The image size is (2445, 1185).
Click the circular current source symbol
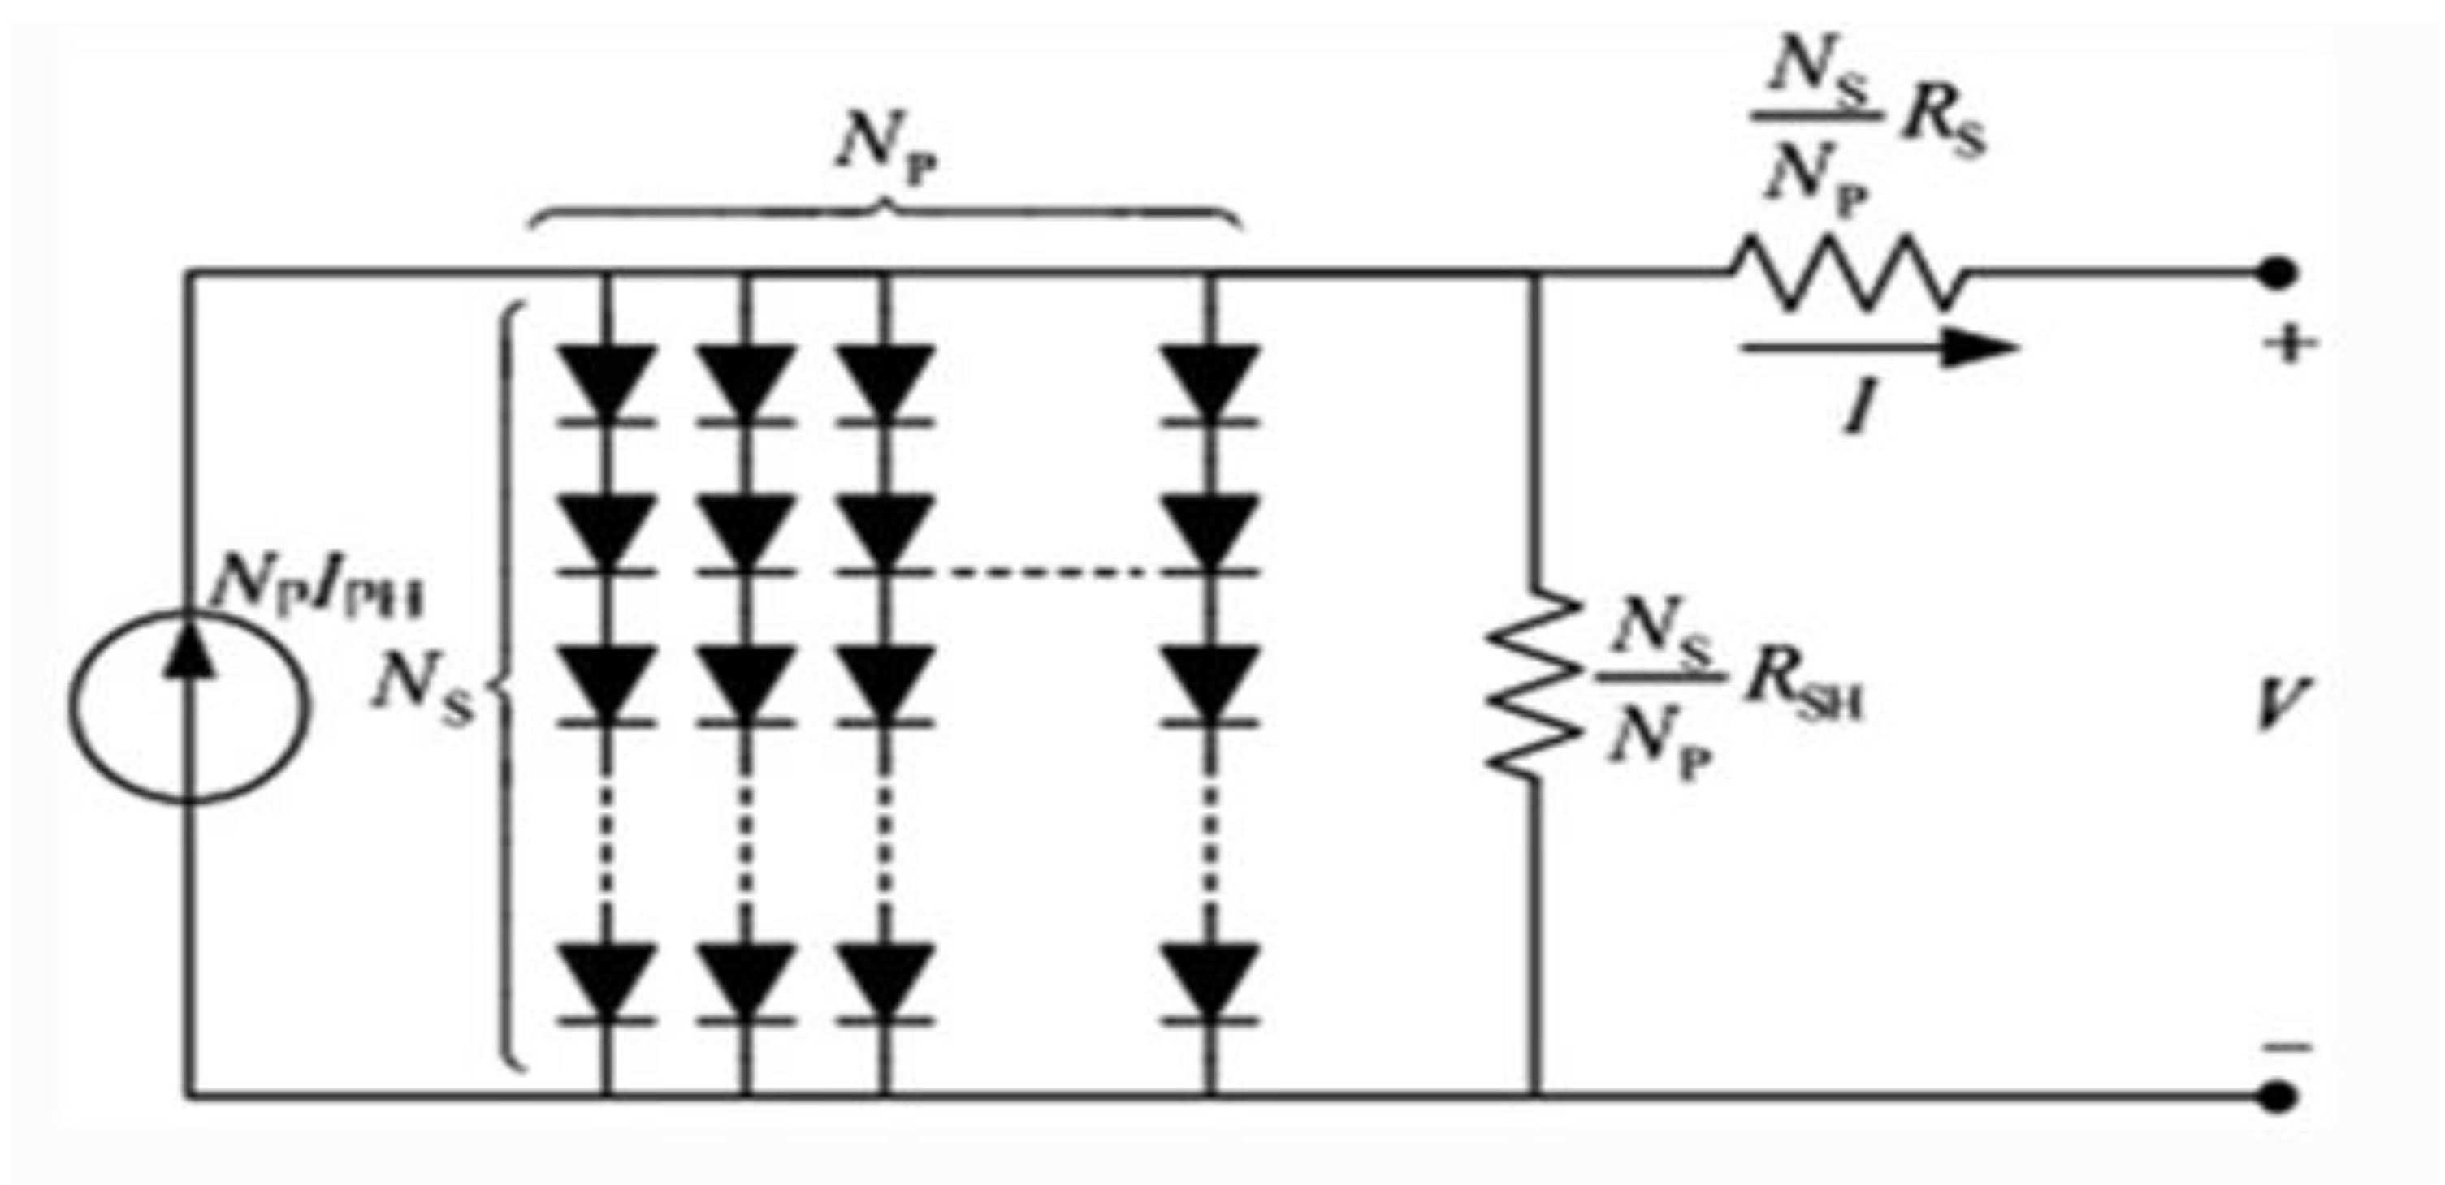coord(188,707)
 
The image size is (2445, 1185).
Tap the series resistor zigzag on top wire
coord(1846,274)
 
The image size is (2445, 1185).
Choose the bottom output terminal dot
coord(2277,1096)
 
